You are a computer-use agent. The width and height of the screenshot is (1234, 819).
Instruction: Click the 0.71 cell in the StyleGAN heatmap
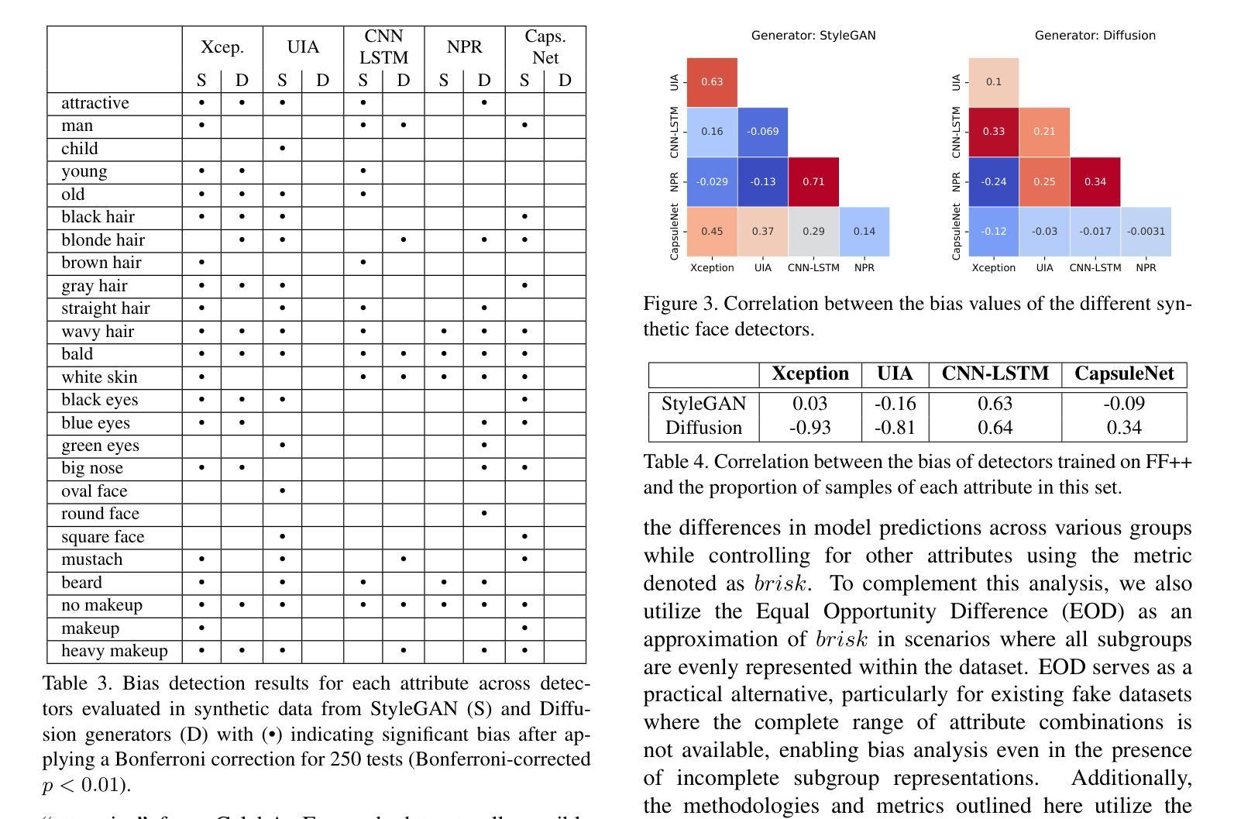(x=813, y=182)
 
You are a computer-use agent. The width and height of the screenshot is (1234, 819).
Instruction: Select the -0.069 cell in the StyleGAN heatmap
(x=762, y=132)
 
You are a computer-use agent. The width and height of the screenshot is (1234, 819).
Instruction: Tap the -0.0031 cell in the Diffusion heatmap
(x=1146, y=232)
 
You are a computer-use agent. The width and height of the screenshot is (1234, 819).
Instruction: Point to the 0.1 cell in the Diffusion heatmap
(x=994, y=82)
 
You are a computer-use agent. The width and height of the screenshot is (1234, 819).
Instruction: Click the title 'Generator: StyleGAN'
(x=813, y=36)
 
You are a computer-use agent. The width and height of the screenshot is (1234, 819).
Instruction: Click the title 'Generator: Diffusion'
(x=1095, y=36)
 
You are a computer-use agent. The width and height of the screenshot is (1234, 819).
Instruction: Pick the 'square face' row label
(x=103, y=537)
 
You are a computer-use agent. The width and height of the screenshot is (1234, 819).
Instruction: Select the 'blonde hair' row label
(x=103, y=240)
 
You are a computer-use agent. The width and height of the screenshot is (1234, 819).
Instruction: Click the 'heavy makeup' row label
(x=115, y=651)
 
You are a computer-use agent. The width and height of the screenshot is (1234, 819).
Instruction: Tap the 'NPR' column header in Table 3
(x=465, y=47)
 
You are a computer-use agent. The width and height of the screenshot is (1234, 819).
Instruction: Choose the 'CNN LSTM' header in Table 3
(x=384, y=46)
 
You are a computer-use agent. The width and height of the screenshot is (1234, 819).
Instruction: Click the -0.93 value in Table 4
(x=809, y=428)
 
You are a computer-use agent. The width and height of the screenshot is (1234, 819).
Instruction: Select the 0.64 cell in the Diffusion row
(x=995, y=428)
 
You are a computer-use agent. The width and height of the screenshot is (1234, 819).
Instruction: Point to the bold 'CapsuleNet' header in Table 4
(x=1124, y=373)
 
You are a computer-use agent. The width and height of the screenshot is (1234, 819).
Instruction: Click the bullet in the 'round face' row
(x=483, y=514)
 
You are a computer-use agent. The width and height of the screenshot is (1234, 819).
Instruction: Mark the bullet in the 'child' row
(x=282, y=148)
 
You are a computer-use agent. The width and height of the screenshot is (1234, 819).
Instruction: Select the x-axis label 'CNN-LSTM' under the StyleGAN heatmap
(x=813, y=268)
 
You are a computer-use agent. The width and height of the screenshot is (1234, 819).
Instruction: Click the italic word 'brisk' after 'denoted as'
(x=782, y=583)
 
